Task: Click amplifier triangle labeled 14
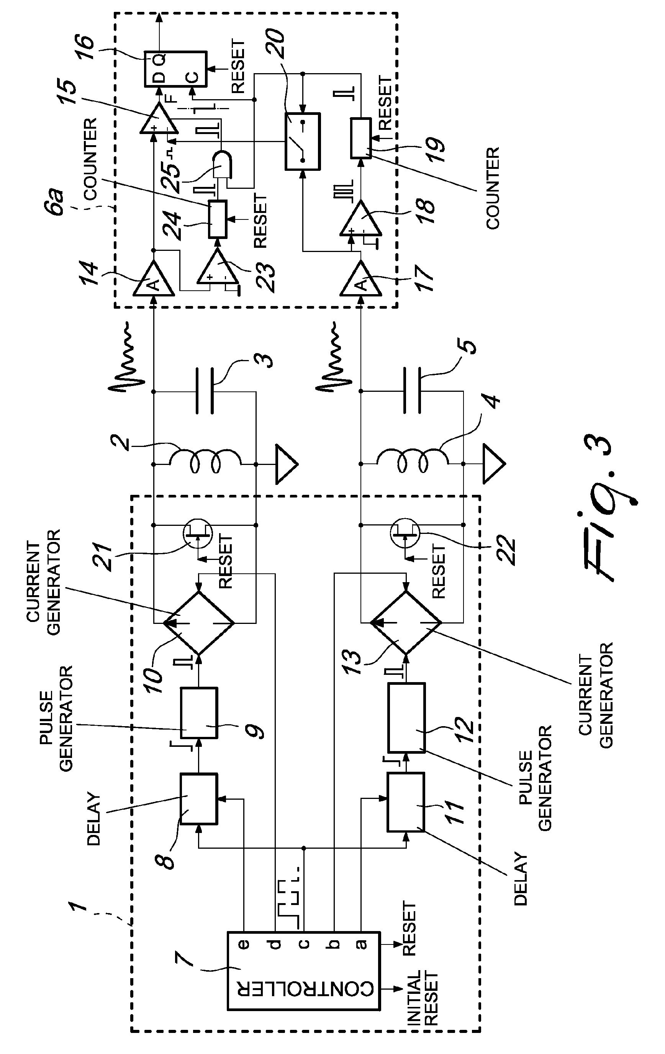pyautogui.click(x=153, y=280)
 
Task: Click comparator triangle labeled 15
pyautogui.click(x=159, y=119)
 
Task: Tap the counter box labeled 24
pyautogui.click(x=217, y=219)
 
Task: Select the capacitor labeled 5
pyautogui.click(x=412, y=391)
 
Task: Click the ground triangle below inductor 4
pyautogui.click(x=493, y=464)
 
